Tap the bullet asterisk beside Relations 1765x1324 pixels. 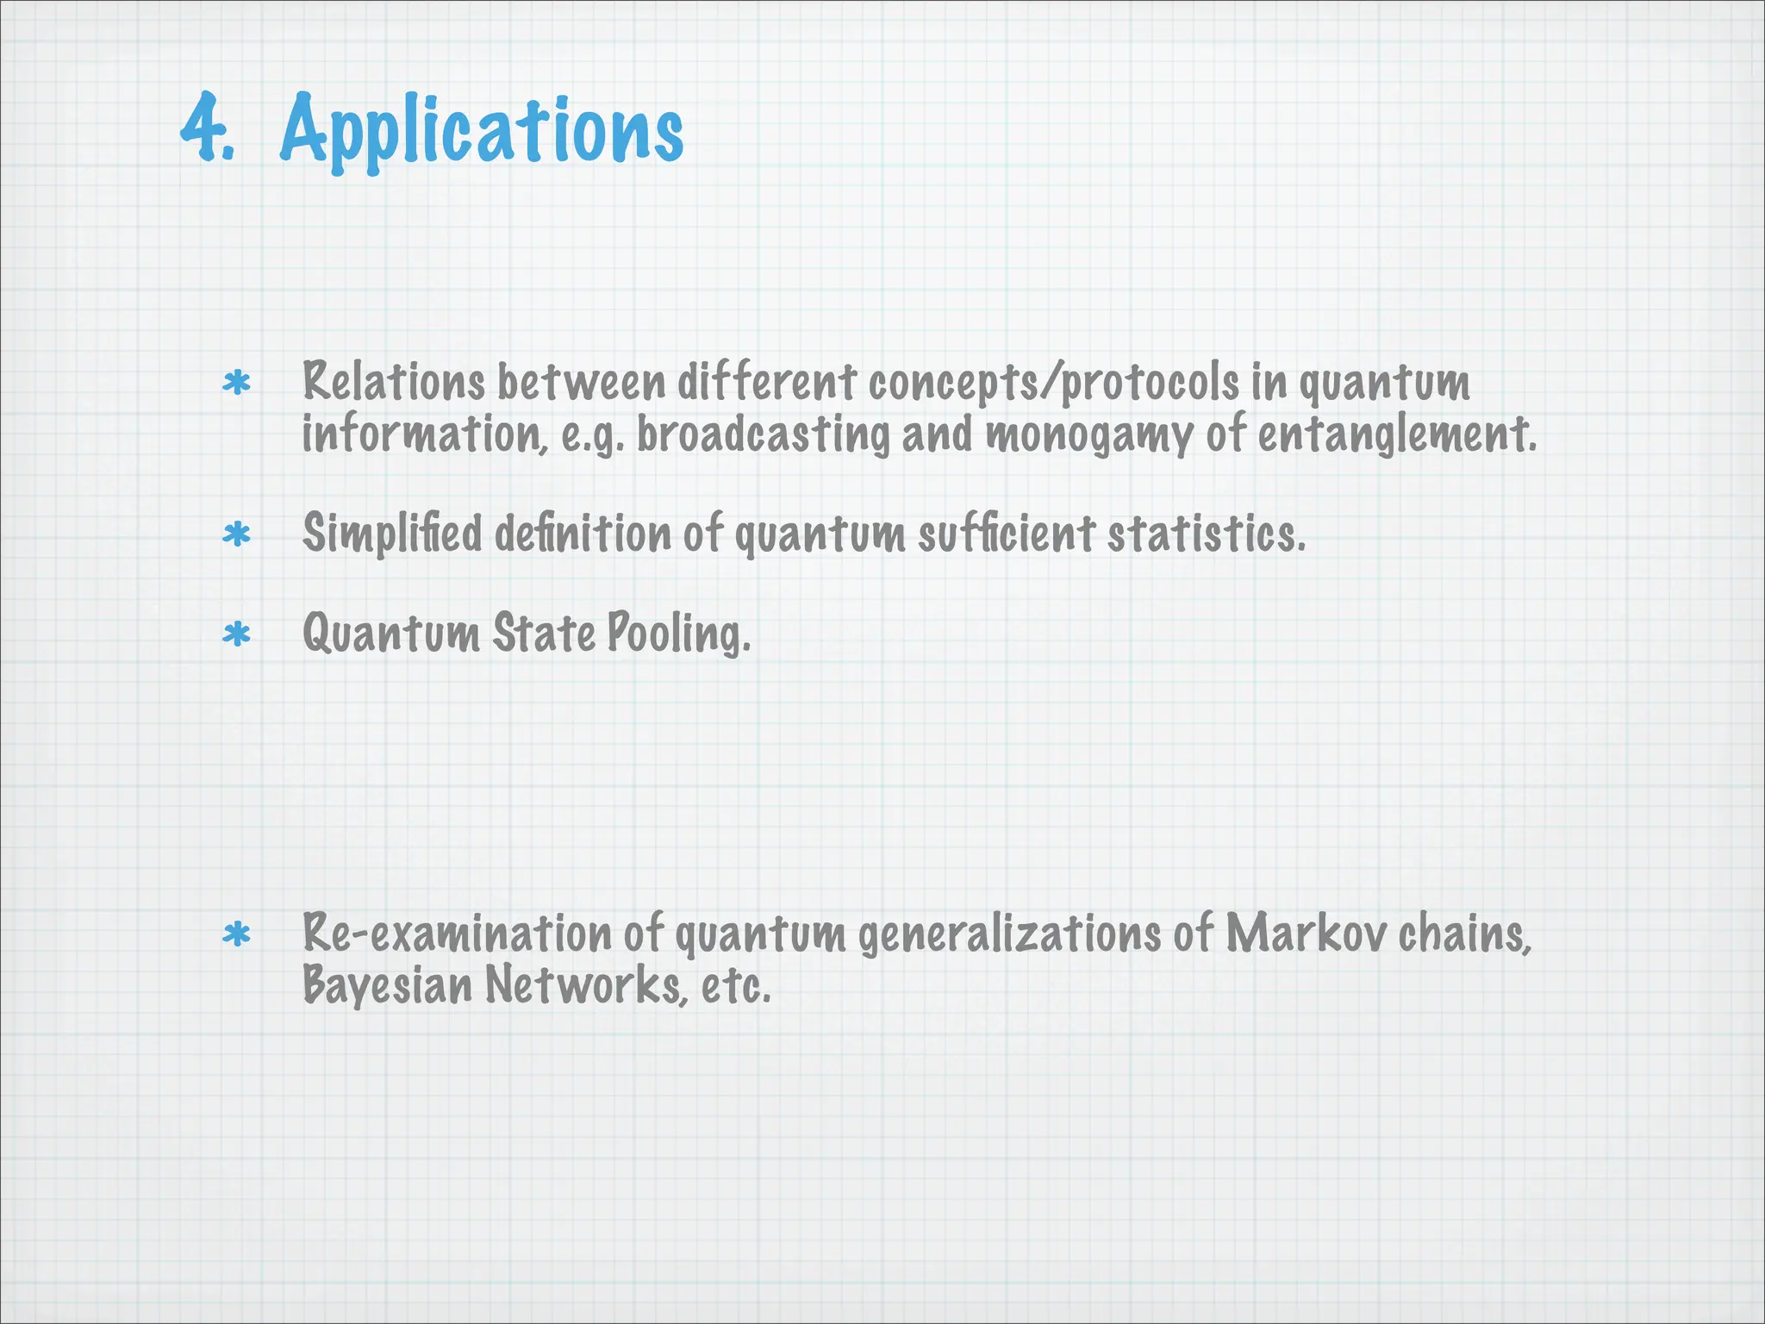pyautogui.click(x=236, y=382)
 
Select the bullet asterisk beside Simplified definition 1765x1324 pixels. pyautogui.click(x=236, y=534)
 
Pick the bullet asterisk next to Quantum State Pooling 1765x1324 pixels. pyautogui.click(x=236, y=634)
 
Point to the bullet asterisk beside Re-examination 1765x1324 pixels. pyautogui.click(x=236, y=934)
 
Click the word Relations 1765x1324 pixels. pyautogui.click(x=393, y=382)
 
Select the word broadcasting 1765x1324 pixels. pyautogui.click(x=763, y=434)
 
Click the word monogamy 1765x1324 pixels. pyautogui.click(x=1088, y=434)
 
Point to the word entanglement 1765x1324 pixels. pyautogui.click(x=1396, y=434)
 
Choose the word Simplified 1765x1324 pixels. pyautogui.click(x=392, y=534)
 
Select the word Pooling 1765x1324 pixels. pyautogui.click(x=679, y=634)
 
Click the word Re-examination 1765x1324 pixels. pyautogui.click(x=457, y=934)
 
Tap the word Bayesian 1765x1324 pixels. pyautogui.click(x=387, y=985)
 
